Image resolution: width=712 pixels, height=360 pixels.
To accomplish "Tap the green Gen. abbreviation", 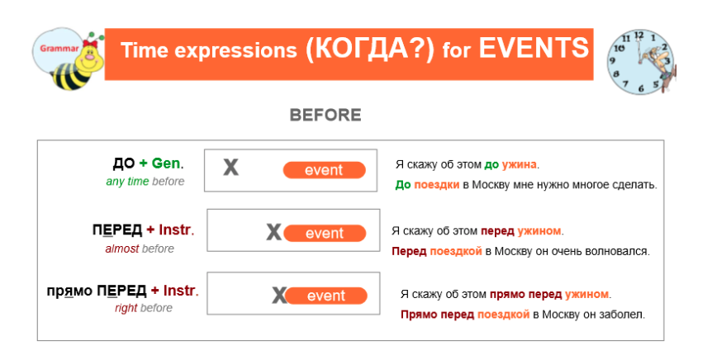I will [168, 163].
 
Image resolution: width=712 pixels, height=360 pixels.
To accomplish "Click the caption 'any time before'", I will [145, 182].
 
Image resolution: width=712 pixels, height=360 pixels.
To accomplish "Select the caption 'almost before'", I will [140, 249].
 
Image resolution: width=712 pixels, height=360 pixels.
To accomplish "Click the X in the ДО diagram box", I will [231, 168].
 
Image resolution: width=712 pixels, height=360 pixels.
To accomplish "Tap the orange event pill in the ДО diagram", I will [324, 170].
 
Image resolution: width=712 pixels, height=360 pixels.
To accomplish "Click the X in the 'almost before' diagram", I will [273, 233].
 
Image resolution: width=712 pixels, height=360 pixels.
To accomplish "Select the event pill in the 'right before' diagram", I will [325, 296].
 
